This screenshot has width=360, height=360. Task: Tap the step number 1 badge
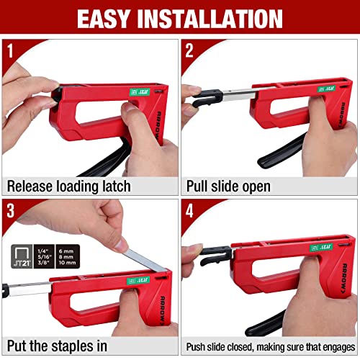click(12, 50)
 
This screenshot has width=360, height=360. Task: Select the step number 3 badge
click(12, 212)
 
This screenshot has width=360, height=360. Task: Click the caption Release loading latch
click(69, 186)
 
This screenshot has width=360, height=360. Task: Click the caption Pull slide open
click(229, 186)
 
